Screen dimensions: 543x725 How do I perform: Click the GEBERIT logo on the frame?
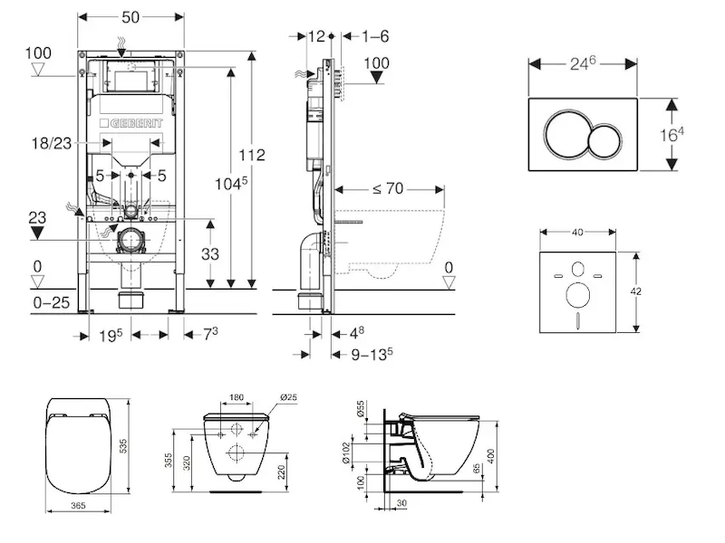[136, 122]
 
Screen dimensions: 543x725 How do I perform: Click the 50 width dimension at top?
[131, 15]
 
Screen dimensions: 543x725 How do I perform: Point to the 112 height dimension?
[251, 155]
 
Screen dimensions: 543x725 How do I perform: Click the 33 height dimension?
[209, 254]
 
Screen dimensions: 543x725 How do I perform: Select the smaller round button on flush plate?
[604, 142]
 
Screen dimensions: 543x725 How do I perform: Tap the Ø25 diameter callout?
[289, 397]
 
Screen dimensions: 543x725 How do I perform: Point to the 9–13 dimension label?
[372, 353]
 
